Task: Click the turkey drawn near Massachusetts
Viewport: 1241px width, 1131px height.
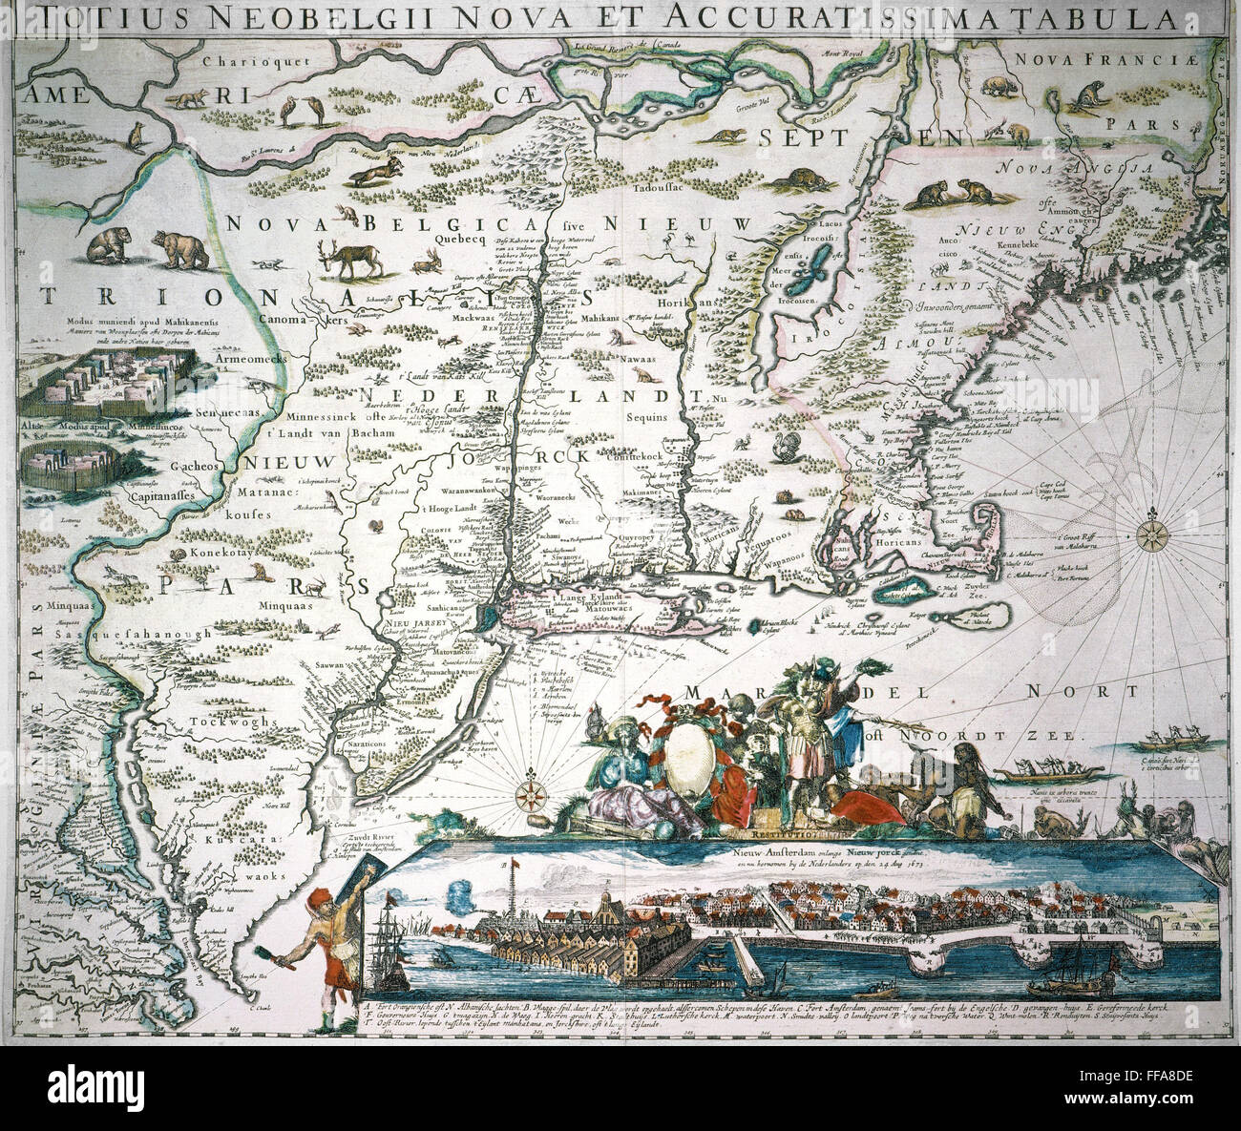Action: pos(786,447)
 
